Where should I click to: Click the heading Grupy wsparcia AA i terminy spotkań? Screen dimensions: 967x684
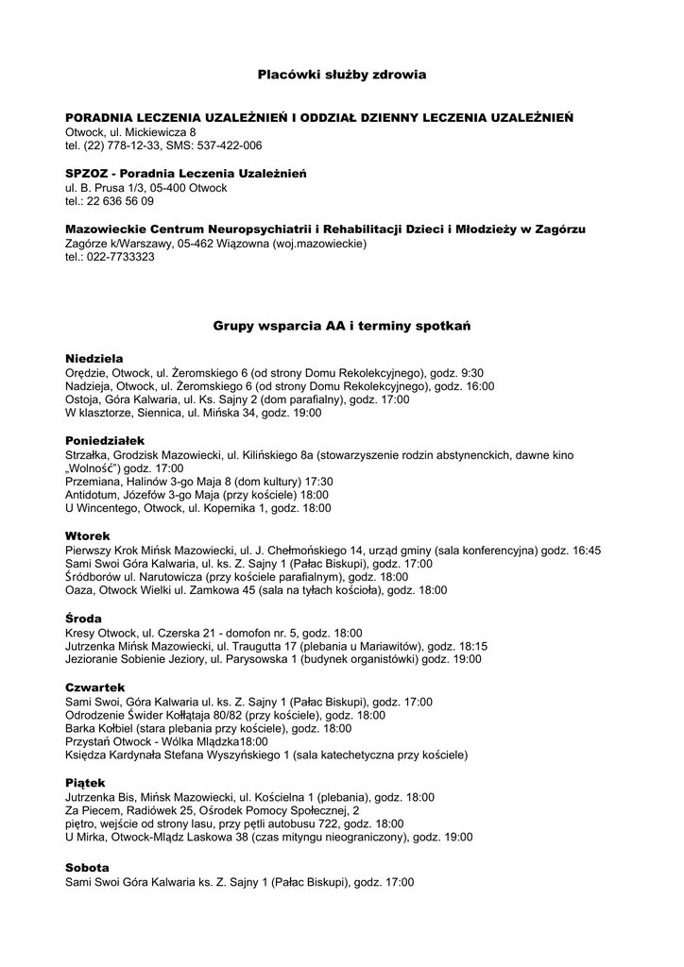[342, 325]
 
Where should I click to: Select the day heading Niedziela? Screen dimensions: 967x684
[94, 359]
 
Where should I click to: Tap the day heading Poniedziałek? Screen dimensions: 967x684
[104, 440]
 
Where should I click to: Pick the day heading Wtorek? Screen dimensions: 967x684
[88, 535]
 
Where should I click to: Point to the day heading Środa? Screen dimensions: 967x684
[83, 618]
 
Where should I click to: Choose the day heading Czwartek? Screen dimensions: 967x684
[94, 687]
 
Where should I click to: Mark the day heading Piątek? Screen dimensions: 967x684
[85, 783]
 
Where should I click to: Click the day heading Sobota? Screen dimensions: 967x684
[87, 867]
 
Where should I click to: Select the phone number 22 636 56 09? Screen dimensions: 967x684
[123, 201]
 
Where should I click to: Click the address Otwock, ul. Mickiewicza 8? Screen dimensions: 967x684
[130, 132]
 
